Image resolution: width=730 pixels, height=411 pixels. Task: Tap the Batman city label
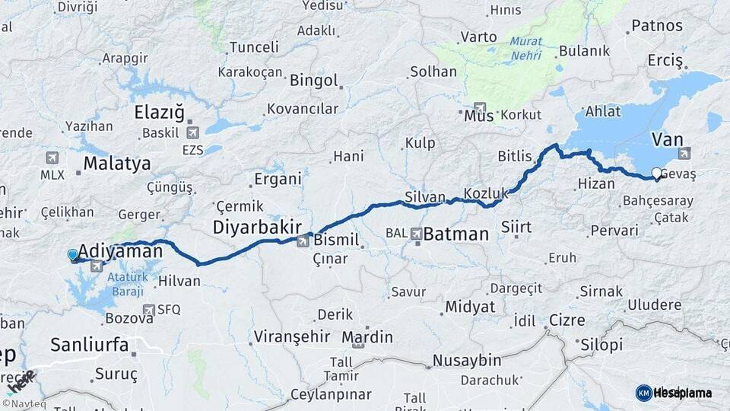click(x=455, y=234)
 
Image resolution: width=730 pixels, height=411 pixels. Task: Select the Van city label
click(x=667, y=139)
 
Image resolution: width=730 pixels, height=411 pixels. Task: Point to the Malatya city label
click(x=116, y=163)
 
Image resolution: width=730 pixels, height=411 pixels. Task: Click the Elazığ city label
click(x=159, y=113)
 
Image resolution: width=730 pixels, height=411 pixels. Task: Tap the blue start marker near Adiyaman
click(x=72, y=255)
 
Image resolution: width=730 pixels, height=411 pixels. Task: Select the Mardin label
click(x=367, y=336)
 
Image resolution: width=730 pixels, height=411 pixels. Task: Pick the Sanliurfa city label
click(x=90, y=345)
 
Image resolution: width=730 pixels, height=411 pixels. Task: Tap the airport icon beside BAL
click(x=416, y=234)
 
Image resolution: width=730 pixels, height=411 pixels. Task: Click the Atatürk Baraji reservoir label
click(x=127, y=283)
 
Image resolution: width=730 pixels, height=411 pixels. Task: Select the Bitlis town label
click(x=515, y=156)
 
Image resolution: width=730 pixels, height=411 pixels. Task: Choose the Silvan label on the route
click(x=425, y=197)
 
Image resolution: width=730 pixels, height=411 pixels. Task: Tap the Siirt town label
click(x=516, y=227)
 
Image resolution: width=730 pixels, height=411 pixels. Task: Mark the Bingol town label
click(x=313, y=80)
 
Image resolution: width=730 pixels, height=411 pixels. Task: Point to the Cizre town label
click(x=567, y=320)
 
